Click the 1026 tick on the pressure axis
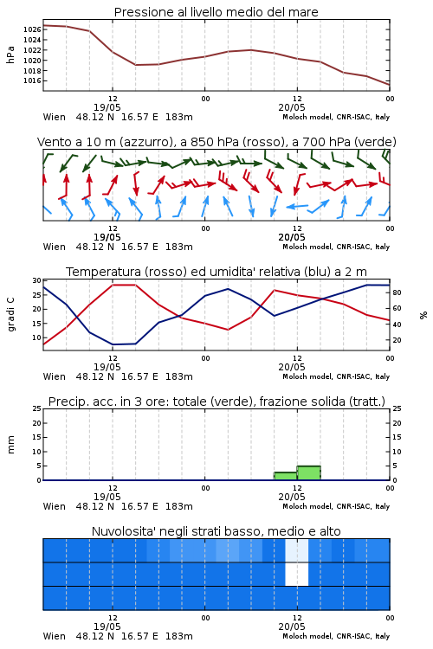click(x=32, y=29)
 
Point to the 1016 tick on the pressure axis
click(x=32, y=80)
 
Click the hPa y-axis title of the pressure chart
click(x=10, y=55)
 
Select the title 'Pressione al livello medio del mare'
click(x=216, y=12)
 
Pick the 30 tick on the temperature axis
click(x=37, y=280)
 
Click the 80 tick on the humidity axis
click(x=397, y=292)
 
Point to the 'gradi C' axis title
click(x=10, y=314)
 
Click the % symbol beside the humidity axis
click(x=423, y=315)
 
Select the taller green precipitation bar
click(x=308, y=473)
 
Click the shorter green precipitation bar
click(x=286, y=476)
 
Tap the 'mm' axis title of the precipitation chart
click(x=10, y=445)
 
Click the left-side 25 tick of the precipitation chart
click(x=37, y=408)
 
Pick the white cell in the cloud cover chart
click(x=297, y=574)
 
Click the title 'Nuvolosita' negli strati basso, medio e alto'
click(x=216, y=531)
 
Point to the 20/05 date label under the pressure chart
click(x=292, y=107)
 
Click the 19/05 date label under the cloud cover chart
click(x=107, y=627)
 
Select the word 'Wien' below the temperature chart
click(x=55, y=376)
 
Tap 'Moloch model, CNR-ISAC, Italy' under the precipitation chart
click(x=336, y=506)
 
